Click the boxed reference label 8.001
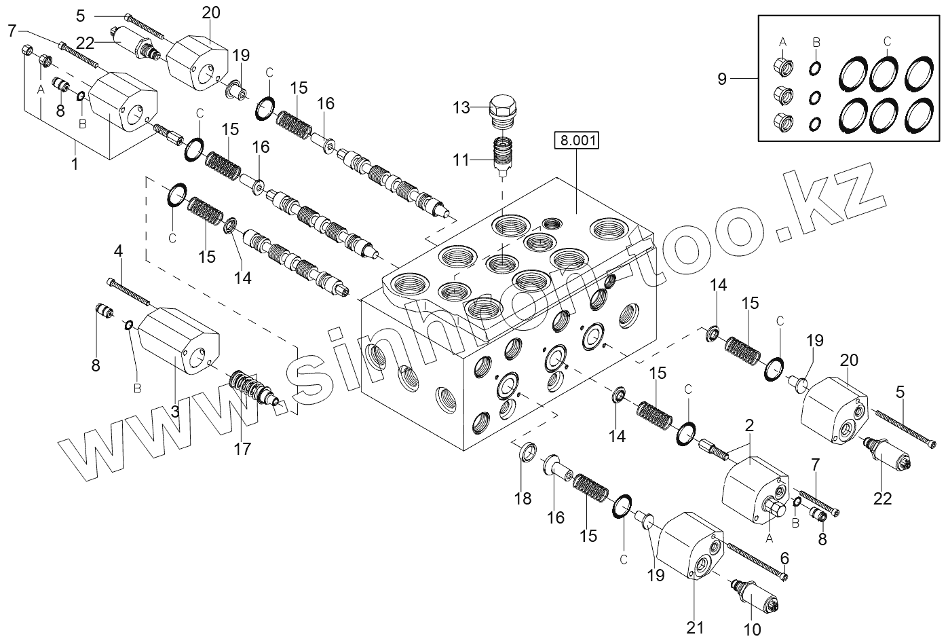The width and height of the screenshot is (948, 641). (x=577, y=141)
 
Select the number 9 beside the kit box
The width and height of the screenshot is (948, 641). (x=722, y=79)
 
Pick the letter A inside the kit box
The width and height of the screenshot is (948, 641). (x=782, y=42)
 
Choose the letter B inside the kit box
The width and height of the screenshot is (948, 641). (x=816, y=42)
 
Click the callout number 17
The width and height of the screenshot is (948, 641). (x=242, y=449)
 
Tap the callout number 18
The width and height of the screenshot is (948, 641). (x=523, y=498)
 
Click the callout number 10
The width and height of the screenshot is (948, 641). (x=754, y=629)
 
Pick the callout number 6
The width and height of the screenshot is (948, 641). (x=784, y=557)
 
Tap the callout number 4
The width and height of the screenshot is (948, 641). (x=118, y=251)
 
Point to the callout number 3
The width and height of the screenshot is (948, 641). (x=174, y=411)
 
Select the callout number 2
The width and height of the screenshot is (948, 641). (x=749, y=426)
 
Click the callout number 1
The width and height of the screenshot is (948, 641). (x=75, y=164)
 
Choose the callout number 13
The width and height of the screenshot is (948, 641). (x=461, y=107)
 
